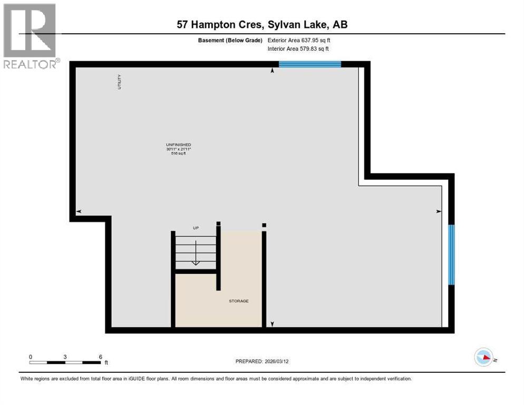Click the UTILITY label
(x=120, y=82)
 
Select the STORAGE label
(x=238, y=301)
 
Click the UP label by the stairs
(x=195, y=228)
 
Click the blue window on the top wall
(x=309, y=64)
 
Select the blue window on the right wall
(x=451, y=255)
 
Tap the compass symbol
(x=483, y=357)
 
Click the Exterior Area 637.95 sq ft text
(x=299, y=40)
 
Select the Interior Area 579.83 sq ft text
(x=299, y=49)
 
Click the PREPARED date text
(x=262, y=361)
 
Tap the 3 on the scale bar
(x=65, y=356)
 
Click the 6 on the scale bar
(x=100, y=356)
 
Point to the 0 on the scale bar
(x=31, y=356)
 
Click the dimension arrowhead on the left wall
(x=79, y=211)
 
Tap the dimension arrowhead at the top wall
(x=272, y=71)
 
